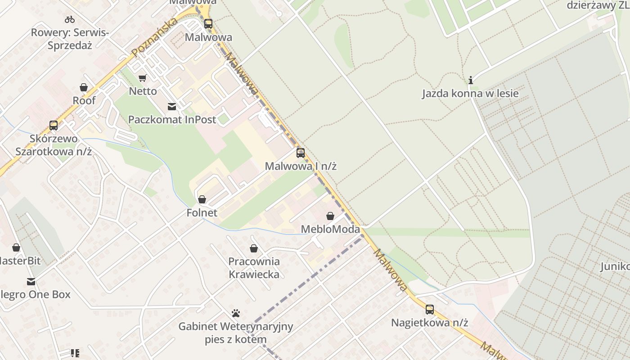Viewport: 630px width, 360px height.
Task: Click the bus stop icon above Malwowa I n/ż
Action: coord(301,153)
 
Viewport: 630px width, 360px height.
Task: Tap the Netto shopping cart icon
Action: coord(143,78)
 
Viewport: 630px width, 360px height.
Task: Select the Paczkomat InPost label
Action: coord(172,120)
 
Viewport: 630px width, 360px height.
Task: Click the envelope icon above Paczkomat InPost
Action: coord(172,107)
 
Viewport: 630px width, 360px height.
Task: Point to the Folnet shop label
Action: coord(202,212)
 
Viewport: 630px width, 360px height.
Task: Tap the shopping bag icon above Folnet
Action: coord(202,199)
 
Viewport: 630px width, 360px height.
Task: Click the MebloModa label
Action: coord(330,229)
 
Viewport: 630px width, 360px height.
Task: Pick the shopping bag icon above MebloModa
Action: coord(330,216)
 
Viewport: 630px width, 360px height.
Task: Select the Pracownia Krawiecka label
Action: coord(254,268)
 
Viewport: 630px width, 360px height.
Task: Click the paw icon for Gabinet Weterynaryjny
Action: coord(236,313)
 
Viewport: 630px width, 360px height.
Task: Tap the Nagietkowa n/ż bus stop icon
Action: coord(430,310)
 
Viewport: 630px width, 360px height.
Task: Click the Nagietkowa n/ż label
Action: coord(430,323)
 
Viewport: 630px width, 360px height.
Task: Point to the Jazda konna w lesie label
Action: coord(470,94)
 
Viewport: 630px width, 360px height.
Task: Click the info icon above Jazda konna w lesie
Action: coord(471,81)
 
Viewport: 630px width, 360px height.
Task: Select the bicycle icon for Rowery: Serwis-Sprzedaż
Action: coord(70,19)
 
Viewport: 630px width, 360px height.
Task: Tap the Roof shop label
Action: coord(84,100)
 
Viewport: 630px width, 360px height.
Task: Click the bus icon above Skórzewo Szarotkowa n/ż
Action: coord(54,126)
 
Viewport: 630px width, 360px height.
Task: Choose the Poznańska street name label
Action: coord(154,38)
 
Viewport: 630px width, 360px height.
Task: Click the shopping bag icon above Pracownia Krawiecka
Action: coord(254,248)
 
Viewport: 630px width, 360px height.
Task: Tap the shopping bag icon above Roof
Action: coord(84,87)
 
